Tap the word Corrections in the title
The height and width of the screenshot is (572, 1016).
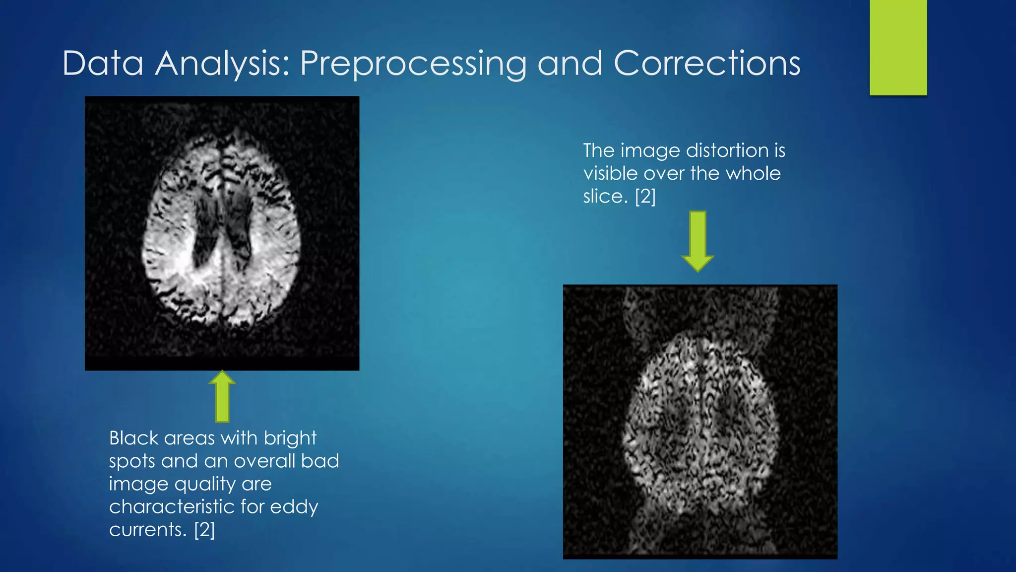tap(707, 64)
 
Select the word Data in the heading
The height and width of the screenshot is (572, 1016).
tap(103, 64)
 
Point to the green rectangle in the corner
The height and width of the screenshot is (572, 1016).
tap(898, 47)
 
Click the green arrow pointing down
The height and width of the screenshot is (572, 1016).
tap(698, 241)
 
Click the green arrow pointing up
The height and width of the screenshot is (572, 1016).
tap(222, 396)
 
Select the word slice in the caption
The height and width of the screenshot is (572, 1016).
tap(605, 196)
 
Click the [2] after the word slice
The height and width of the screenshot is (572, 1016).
tap(645, 196)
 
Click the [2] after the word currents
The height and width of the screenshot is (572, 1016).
tap(204, 529)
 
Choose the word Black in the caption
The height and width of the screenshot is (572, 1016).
tap(133, 438)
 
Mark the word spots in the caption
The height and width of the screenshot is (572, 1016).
tap(132, 462)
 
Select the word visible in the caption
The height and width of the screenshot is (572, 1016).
tap(610, 173)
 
